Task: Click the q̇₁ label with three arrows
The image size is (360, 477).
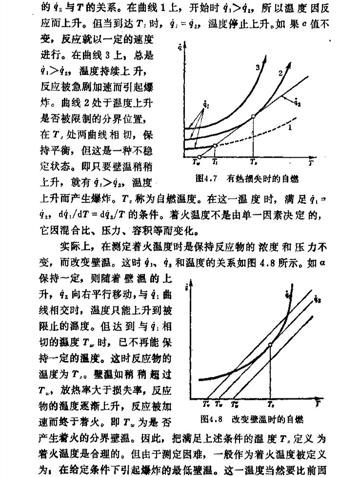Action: pos(205,104)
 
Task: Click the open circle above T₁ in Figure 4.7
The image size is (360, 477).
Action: pos(215,145)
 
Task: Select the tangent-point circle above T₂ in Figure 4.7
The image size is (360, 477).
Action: pos(253,116)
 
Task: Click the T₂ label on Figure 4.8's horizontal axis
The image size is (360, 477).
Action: pos(270,405)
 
